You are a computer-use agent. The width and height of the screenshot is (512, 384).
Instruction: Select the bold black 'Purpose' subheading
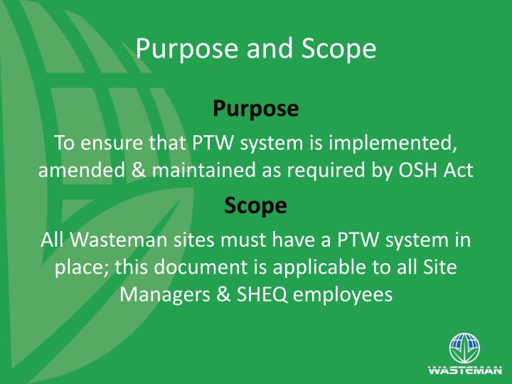(255, 109)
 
